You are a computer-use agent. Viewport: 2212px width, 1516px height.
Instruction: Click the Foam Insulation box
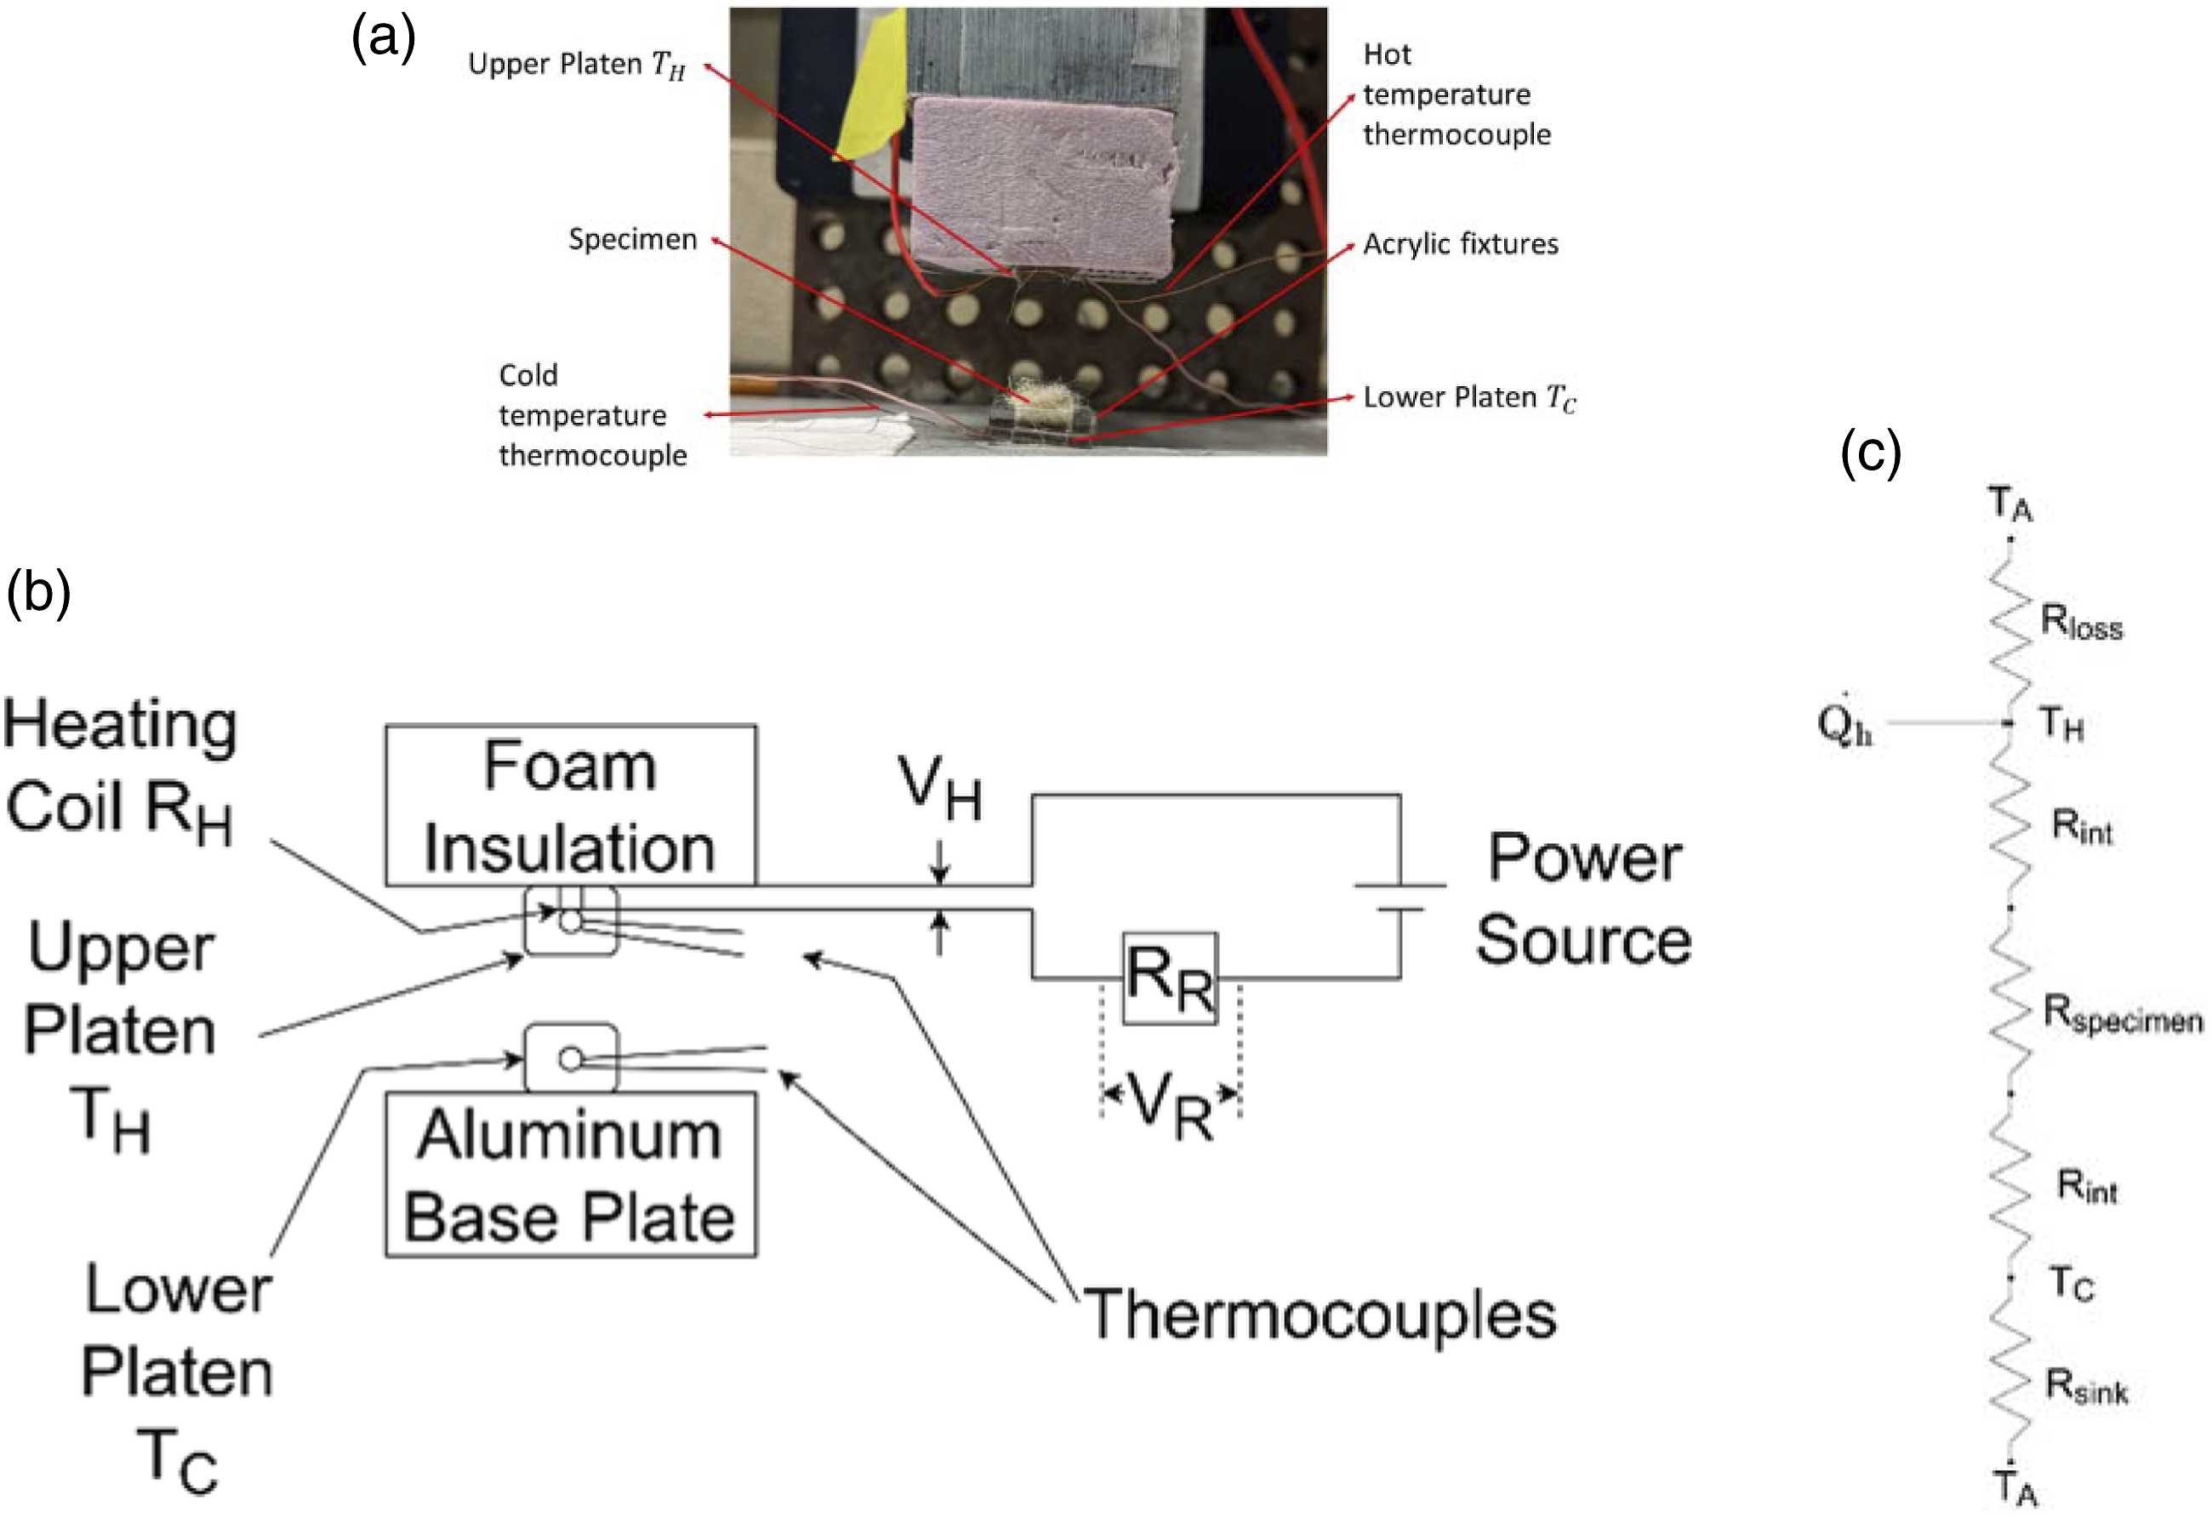click(x=571, y=805)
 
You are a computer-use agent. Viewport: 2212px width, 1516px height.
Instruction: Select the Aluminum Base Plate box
click(x=571, y=1174)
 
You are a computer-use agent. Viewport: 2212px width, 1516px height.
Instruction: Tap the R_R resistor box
click(x=1170, y=978)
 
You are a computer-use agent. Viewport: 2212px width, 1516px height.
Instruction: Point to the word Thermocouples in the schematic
click(x=1320, y=1314)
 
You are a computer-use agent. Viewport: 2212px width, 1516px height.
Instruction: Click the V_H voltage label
click(x=939, y=787)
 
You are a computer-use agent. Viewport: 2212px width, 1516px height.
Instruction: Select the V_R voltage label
click(x=1171, y=1106)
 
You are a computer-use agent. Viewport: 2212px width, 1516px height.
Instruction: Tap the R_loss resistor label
click(x=2082, y=623)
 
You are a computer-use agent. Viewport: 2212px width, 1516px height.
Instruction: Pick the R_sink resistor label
click(x=2086, y=1387)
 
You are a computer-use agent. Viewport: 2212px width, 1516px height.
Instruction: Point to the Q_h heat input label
click(x=1844, y=723)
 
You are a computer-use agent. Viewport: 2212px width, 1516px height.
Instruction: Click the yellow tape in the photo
click(x=871, y=86)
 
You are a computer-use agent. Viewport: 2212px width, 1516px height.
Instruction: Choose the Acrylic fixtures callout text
click(x=1460, y=244)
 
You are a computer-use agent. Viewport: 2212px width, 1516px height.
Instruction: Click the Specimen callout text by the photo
click(x=633, y=239)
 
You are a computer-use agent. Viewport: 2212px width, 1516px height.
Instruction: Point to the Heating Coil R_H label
click(x=120, y=769)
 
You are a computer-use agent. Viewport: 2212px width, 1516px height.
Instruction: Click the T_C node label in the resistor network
click(x=2071, y=1284)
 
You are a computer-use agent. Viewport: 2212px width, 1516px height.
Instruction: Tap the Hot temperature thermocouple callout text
click(x=1457, y=94)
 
